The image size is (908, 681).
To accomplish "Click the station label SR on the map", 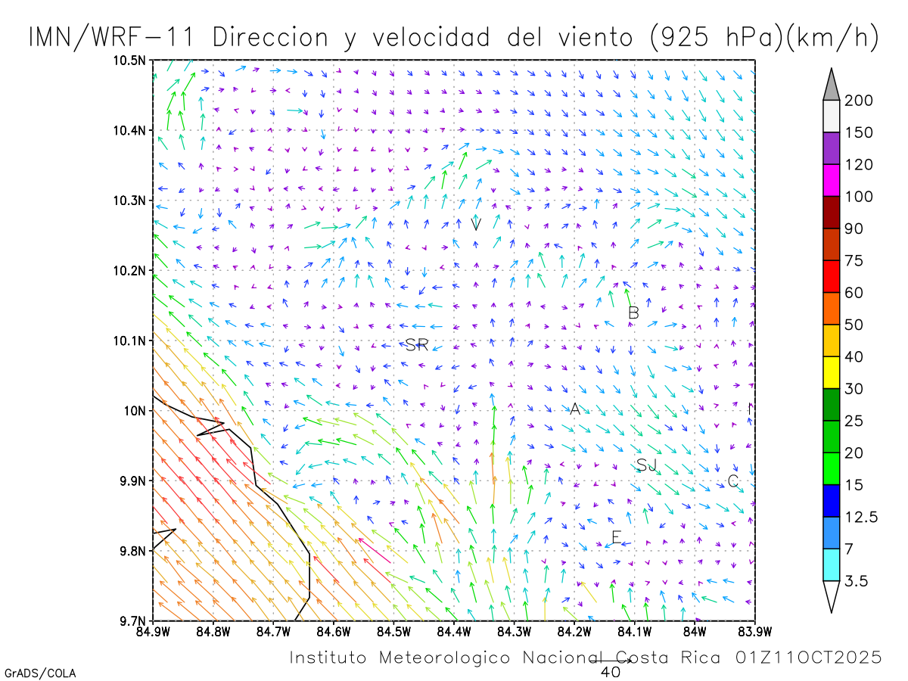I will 417,346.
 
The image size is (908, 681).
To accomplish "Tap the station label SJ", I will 646,465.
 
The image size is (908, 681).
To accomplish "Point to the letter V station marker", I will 476,224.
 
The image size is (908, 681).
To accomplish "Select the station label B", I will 634,313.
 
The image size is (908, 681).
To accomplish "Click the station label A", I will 574,409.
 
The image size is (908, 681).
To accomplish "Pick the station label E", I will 616,538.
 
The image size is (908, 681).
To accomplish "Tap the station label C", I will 732,481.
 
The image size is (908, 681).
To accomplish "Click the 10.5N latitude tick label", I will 131,61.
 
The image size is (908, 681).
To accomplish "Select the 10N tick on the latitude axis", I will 137,411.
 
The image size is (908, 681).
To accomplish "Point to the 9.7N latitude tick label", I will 133,621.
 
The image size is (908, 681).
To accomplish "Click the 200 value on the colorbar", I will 859,101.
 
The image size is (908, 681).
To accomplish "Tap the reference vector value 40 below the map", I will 610,671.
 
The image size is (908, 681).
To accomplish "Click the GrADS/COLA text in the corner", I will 40,673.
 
